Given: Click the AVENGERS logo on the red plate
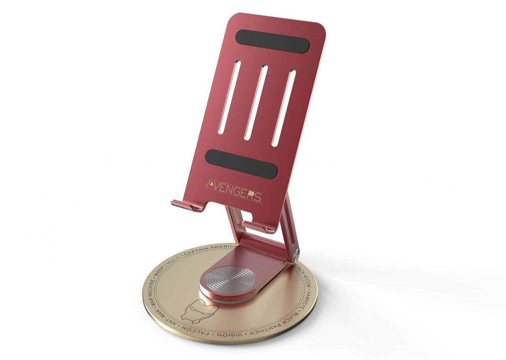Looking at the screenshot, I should click(x=234, y=190).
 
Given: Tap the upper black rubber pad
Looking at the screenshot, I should click(x=272, y=41).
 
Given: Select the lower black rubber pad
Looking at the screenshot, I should click(x=241, y=164).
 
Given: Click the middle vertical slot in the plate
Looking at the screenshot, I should click(x=256, y=102).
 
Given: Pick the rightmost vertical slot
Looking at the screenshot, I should click(x=284, y=108).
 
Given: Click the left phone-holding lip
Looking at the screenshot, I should click(x=186, y=205).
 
